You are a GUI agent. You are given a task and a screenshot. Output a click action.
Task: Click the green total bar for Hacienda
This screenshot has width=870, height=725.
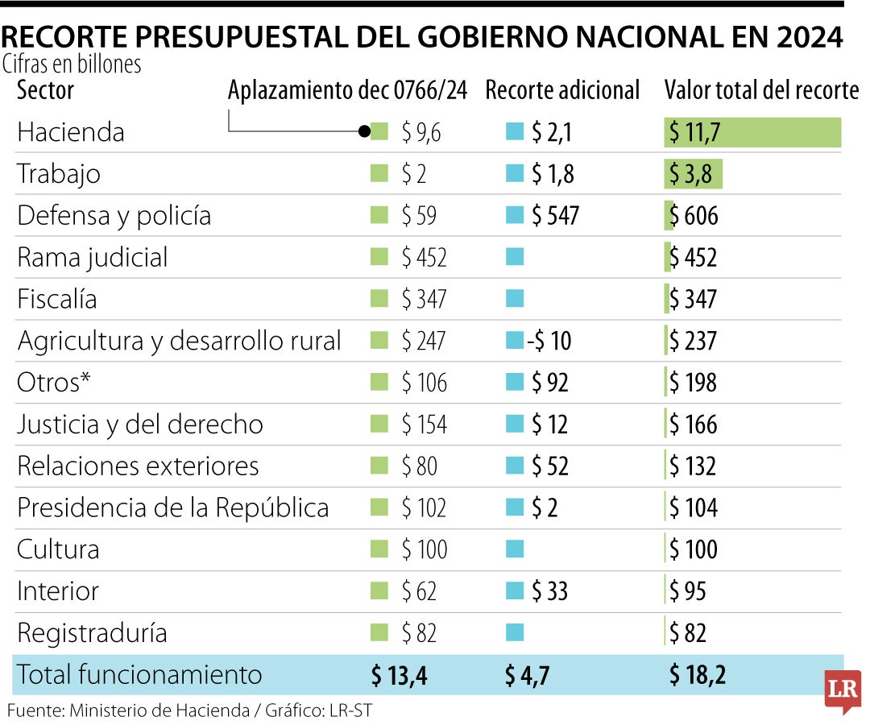pos(752,132)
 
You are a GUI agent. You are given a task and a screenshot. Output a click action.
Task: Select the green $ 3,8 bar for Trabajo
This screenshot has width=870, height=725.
pos(694,174)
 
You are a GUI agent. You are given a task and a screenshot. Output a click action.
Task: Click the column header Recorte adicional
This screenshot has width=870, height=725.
pos(562,90)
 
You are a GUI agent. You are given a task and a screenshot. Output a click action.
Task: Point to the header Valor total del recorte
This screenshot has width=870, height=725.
pos(761,90)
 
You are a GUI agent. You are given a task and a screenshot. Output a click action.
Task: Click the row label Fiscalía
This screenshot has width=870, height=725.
pos(57,300)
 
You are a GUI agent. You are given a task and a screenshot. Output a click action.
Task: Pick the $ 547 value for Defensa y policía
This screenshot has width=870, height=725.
pos(554,216)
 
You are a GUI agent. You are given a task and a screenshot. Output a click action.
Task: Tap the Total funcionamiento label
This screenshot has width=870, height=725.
pos(139,675)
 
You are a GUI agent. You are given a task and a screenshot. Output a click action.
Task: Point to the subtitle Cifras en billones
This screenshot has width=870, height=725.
pos(72,64)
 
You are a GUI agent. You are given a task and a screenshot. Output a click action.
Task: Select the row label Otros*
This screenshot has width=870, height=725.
pos(53,383)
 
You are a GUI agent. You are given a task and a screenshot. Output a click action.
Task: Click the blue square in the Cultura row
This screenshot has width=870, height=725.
pos(515,550)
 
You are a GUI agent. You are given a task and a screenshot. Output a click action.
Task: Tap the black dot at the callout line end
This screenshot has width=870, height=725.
pos(364,131)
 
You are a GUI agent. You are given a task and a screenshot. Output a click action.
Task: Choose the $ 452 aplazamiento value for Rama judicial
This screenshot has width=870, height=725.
pos(424,258)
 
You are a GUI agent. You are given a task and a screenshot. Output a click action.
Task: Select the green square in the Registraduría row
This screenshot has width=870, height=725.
pos(379,634)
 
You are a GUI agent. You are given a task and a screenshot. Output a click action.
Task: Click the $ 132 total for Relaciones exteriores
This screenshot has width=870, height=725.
pos(692,466)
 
